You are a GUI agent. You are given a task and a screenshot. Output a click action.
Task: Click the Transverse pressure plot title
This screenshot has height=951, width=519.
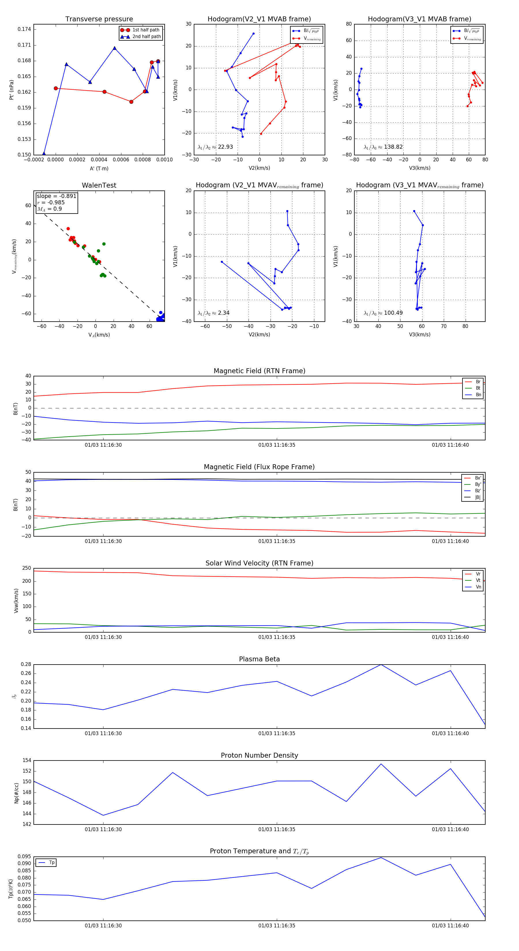click(x=99, y=19)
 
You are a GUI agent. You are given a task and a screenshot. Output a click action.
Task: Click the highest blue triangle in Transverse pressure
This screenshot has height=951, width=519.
click(x=114, y=48)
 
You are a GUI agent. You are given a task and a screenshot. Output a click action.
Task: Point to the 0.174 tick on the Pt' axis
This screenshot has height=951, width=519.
click(x=25, y=29)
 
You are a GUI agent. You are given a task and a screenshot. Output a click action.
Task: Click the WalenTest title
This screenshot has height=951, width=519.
click(x=99, y=185)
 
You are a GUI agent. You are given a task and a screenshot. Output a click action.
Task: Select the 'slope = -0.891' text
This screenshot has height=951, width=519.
click(x=57, y=196)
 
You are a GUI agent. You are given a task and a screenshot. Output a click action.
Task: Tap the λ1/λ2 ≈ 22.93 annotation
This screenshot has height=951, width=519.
click(x=215, y=147)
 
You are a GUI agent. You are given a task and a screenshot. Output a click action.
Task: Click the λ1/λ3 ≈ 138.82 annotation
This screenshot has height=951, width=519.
click(x=383, y=147)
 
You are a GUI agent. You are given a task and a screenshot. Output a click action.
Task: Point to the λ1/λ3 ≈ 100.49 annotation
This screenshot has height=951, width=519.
click(x=383, y=313)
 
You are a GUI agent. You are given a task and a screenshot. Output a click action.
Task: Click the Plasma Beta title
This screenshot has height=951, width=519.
click(x=259, y=659)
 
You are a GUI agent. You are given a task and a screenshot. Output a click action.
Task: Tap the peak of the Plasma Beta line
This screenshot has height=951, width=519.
click(x=381, y=665)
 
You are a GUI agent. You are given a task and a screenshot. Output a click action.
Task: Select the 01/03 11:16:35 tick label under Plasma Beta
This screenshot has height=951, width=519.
click(x=277, y=733)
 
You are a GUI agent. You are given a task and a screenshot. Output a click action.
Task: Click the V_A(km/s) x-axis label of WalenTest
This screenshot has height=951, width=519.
click(x=99, y=335)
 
